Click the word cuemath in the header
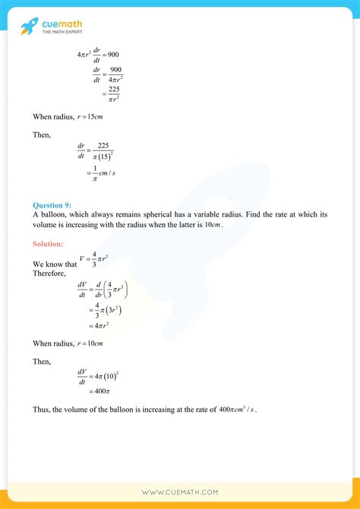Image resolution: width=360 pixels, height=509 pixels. click(x=64, y=23)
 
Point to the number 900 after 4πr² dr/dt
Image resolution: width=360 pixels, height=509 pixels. click(x=109, y=55)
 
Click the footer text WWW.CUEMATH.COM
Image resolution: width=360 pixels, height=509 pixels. click(x=180, y=494)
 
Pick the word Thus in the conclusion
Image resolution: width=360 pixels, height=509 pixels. click(x=41, y=410)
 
